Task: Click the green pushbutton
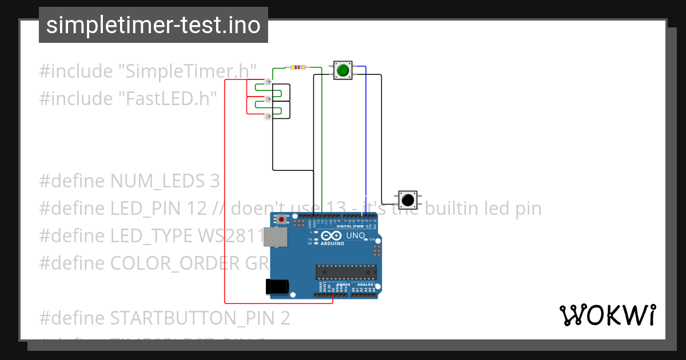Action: click(342, 70)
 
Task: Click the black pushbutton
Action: click(407, 200)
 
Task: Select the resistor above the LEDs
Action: click(298, 67)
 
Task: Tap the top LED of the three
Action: click(268, 83)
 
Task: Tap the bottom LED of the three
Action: click(268, 117)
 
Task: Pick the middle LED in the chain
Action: click(268, 100)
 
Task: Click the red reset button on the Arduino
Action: click(281, 219)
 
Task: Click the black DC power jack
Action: click(277, 286)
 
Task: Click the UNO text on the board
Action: click(356, 235)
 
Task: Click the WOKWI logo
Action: click(607, 315)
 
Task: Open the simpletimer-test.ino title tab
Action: click(153, 25)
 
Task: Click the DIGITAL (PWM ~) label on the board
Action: click(353, 226)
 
